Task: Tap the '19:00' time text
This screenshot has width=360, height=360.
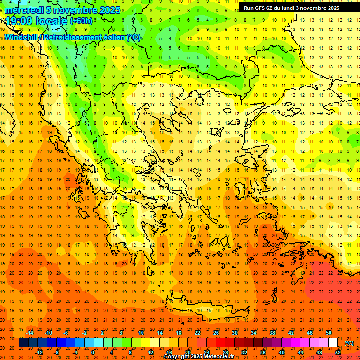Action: coord(19,21)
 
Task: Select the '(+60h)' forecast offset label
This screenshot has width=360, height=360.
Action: coord(81,21)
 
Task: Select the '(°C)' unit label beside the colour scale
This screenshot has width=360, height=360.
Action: coord(349,343)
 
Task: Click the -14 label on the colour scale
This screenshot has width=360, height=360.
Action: coord(30,333)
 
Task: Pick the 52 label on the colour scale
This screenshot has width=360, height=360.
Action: coord(338,352)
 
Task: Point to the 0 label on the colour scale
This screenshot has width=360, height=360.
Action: coord(92,352)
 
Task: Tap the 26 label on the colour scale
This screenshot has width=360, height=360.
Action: coord(216,333)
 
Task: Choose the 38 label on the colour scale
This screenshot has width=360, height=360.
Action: coord(272,333)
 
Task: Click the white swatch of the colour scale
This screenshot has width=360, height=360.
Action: coord(333,343)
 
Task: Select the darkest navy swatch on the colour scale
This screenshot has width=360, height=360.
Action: coord(23,343)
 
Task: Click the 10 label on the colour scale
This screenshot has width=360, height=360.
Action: coord(141,333)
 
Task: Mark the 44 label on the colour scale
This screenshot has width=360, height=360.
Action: coord(300,352)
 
